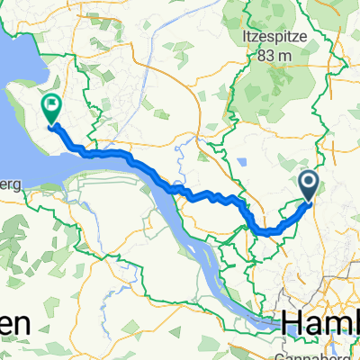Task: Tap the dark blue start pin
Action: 309,185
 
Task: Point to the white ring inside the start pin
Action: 309,184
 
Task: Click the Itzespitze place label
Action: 274,37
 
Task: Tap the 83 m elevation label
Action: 274,56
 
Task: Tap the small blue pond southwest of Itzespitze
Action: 245,162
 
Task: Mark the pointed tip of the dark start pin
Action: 309,201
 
